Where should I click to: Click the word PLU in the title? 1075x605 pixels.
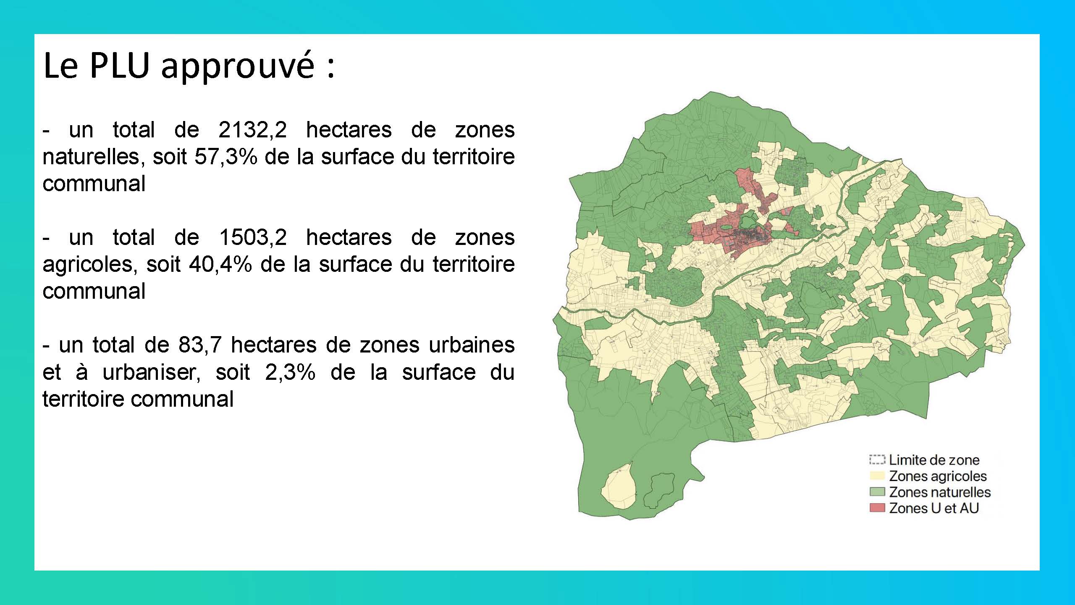point(120,66)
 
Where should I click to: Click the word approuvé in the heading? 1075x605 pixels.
point(238,67)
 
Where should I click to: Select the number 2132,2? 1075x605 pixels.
point(252,130)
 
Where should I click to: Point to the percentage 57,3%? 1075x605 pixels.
point(225,157)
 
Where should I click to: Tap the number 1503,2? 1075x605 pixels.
point(253,237)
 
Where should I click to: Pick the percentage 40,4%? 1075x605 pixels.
point(220,264)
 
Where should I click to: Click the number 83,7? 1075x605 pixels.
point(199,345)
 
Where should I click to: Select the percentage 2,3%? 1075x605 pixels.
point(290,372)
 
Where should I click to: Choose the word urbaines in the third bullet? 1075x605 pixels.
point(472,345)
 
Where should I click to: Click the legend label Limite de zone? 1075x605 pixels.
point(934,460)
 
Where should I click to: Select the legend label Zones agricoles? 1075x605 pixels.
point(938,476)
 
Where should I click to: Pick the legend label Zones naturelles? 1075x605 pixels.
point(940,492)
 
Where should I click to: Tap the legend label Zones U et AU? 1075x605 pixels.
point(934,508)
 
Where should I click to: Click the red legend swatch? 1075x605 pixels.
point(877,508)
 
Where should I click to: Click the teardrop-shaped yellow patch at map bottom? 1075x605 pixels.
point(618,487)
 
